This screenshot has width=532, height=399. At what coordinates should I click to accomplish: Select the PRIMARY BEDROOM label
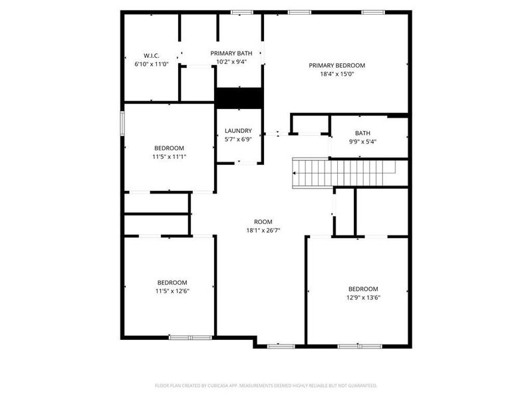coord(337,65)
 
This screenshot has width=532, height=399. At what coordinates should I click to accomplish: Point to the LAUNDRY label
coord(238,131)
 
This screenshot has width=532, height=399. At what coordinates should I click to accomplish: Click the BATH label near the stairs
coord(362,133)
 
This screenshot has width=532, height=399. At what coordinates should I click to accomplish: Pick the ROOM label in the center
coord(263,222)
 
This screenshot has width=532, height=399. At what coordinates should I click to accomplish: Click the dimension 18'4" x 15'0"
coord(337,74)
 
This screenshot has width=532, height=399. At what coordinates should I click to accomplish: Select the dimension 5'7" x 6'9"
coord(238,140)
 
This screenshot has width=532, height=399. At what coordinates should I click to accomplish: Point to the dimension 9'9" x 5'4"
coord(362,142)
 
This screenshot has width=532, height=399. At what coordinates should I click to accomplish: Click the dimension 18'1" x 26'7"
coord(263,231)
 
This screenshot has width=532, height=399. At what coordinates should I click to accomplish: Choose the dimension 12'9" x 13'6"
coord(363,297)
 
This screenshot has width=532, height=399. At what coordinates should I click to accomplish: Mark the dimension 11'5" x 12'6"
coord(172,291)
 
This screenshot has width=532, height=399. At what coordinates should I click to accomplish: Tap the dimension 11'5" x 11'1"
coord(170,157)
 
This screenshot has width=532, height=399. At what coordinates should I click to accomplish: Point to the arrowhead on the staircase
coord(295,173)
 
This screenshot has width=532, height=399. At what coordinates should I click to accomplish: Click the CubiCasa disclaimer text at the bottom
coord(266,385)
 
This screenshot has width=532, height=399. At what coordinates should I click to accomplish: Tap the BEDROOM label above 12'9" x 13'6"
coord(363,289)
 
